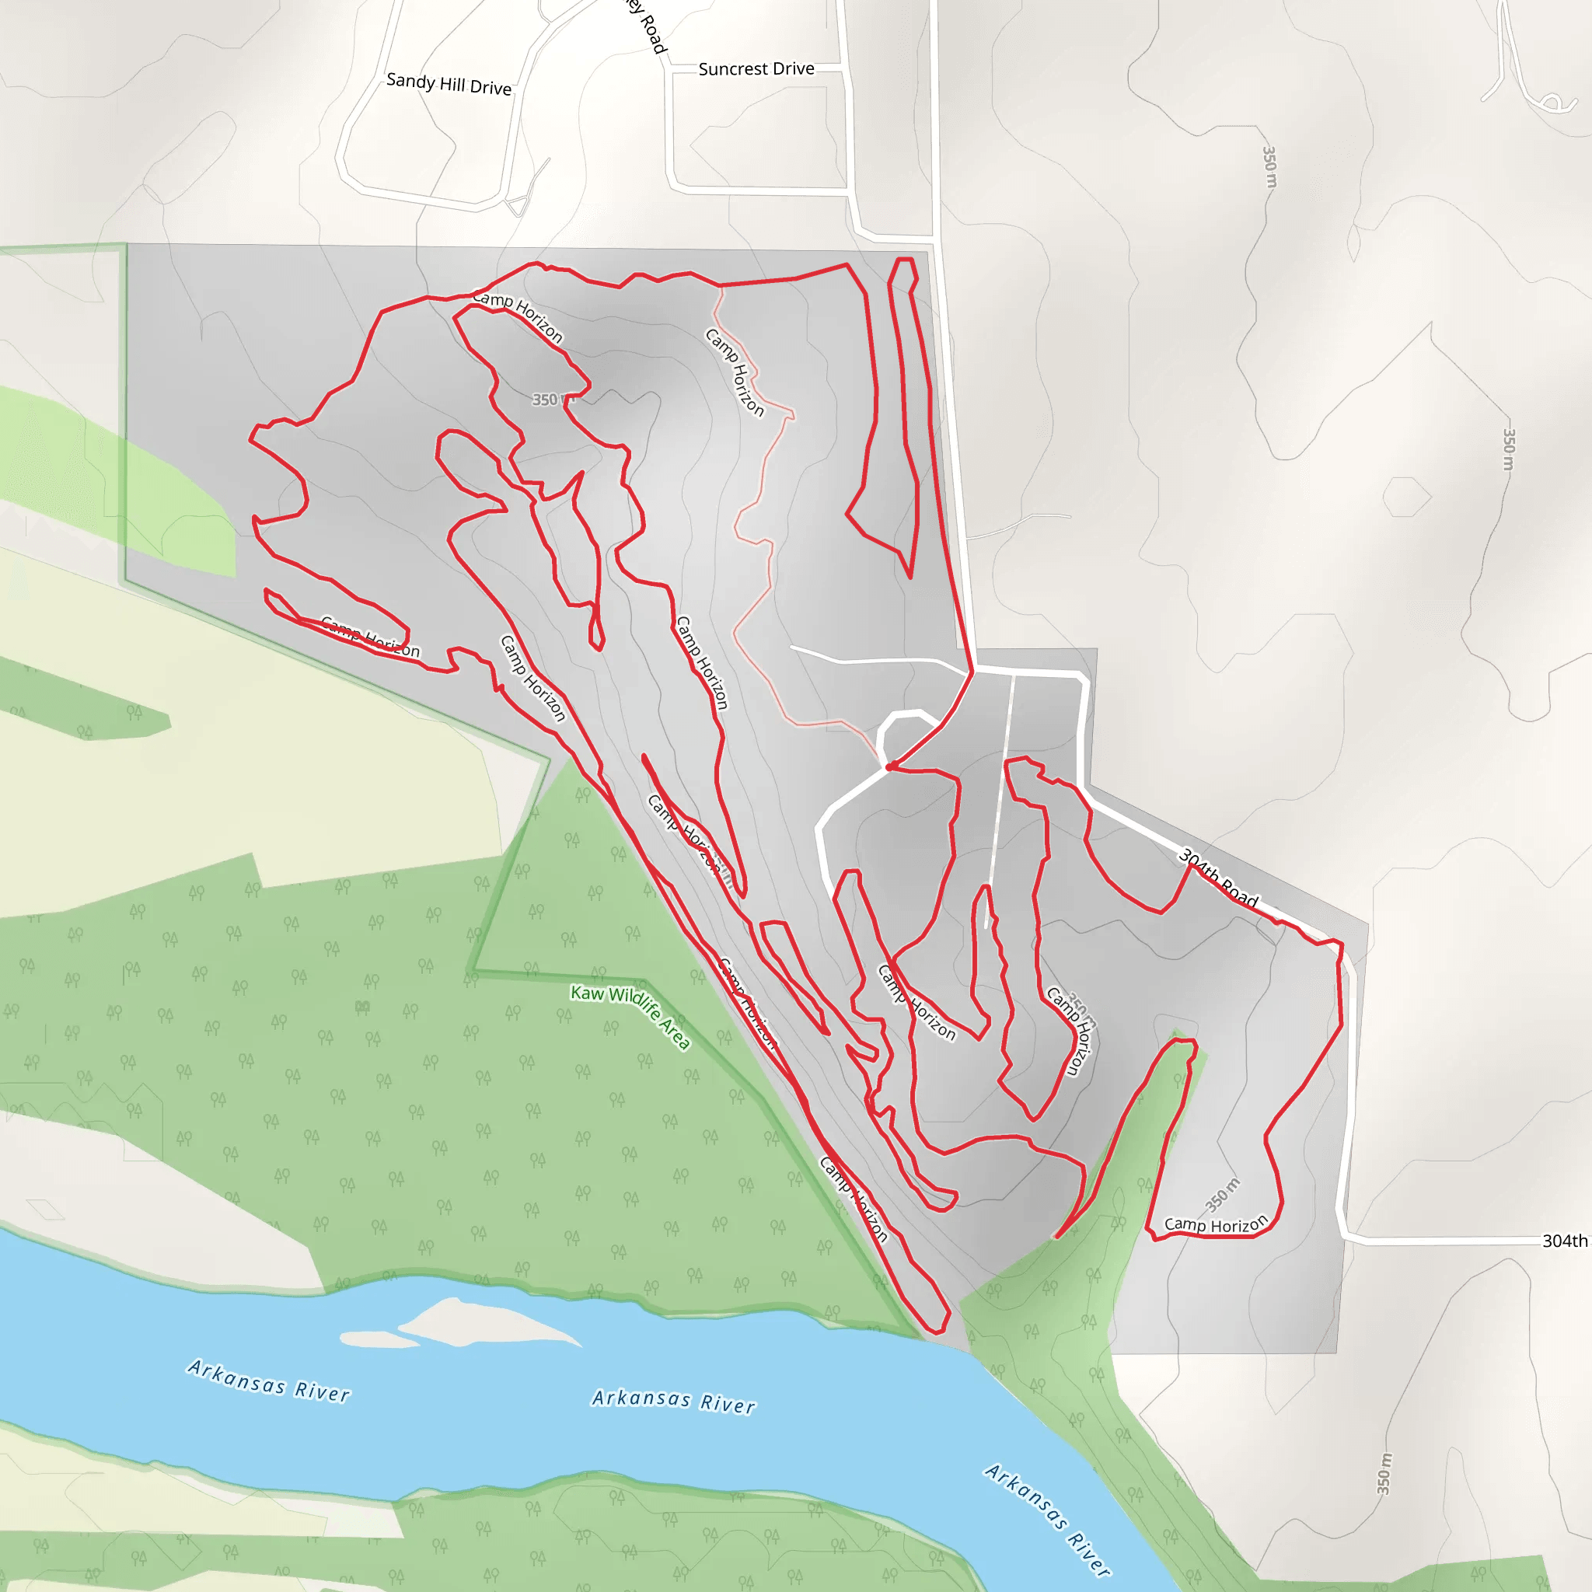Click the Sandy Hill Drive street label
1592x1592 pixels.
pos(449,84)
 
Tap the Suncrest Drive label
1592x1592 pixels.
pos(756,69)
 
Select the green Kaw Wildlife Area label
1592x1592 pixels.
pos(630,1016)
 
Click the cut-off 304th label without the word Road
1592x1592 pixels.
pos(1564,1241)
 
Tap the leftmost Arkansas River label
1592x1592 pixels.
pos(269,1381)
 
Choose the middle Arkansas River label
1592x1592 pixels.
pos(673,1401)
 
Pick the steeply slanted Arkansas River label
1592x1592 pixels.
pos(1047,1519)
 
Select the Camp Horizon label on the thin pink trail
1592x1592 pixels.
pos(735,372)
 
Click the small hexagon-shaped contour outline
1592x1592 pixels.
pos(1406,497)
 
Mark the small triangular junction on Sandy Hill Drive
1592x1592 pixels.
pos(518,205)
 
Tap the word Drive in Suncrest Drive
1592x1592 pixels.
pos(794,69)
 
